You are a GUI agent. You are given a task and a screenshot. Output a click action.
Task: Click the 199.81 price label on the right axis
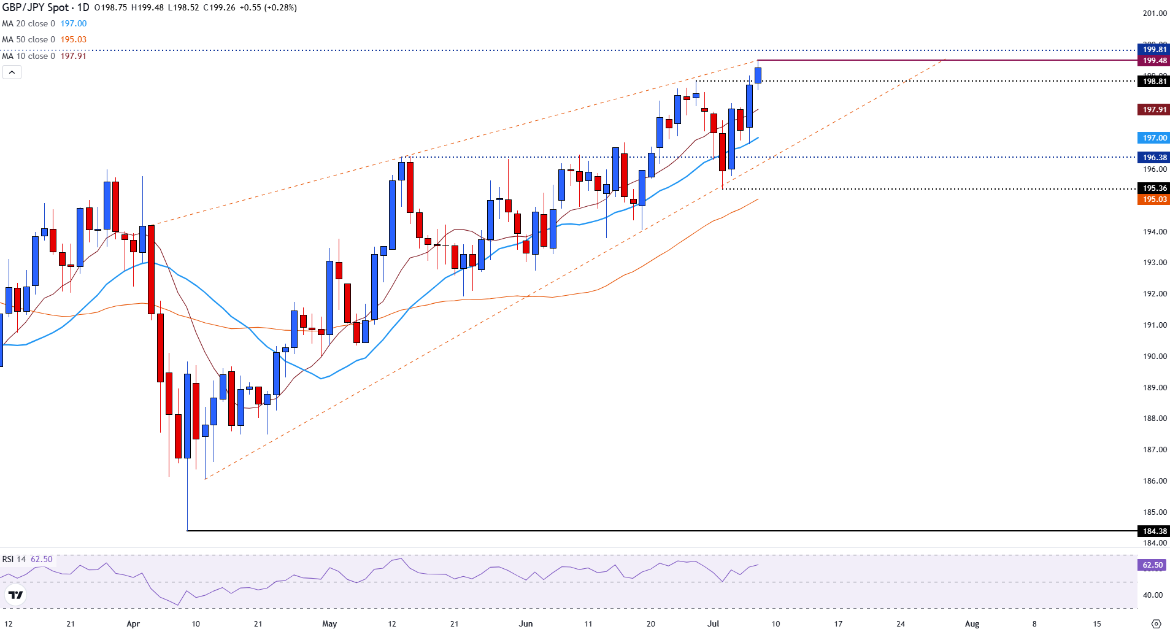[x=1153, y=50]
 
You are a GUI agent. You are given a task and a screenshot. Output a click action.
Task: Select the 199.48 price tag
[x=1153, y=61]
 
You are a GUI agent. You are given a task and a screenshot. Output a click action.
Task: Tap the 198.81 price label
[x=1153, y=82]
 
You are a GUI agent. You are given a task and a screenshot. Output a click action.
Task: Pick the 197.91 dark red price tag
[x=1153, y=110]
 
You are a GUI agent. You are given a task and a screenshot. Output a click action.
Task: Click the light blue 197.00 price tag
[x=1153, y=138]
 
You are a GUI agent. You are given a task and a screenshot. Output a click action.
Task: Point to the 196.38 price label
[x=1153, y=158]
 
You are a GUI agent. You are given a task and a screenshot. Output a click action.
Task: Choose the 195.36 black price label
[x=1153, y=188]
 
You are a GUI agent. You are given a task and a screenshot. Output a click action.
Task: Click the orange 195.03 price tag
[x=1153, y=199]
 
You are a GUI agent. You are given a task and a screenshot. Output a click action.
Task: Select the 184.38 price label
[x=1153, y=531]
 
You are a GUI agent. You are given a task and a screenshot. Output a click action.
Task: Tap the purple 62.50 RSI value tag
[x=1152, y=565]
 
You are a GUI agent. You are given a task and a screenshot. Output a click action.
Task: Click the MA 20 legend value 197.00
[x=74, y=23]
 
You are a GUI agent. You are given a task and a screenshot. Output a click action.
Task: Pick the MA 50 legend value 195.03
[x=74, y=39]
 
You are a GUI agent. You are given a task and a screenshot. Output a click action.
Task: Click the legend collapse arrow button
[x=12, y=72]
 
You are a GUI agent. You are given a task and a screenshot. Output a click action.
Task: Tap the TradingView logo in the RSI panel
[x=15, y=595]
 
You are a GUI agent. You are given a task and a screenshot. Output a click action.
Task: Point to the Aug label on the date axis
[x=972, y=624]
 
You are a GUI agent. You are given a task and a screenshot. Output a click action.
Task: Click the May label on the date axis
[x=329, y=624]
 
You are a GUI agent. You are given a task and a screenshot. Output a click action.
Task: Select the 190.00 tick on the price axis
[x=1154, y=357]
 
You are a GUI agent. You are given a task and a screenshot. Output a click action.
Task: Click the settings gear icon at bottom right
[x=1156, y=624]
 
